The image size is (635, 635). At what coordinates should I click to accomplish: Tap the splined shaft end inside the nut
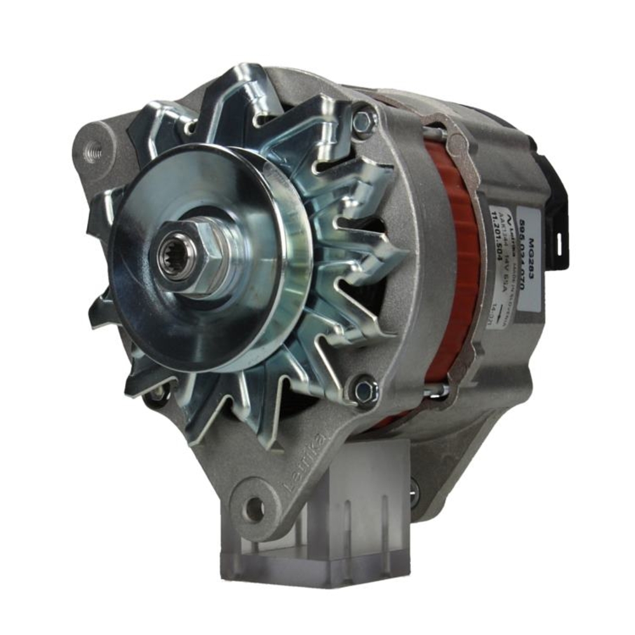tap(173, 258)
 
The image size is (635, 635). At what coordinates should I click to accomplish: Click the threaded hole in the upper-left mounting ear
tap(93, 152)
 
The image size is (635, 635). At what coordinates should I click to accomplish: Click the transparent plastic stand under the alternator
tap(330, 533)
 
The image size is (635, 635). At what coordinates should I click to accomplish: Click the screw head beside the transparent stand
tap(415, 493)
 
